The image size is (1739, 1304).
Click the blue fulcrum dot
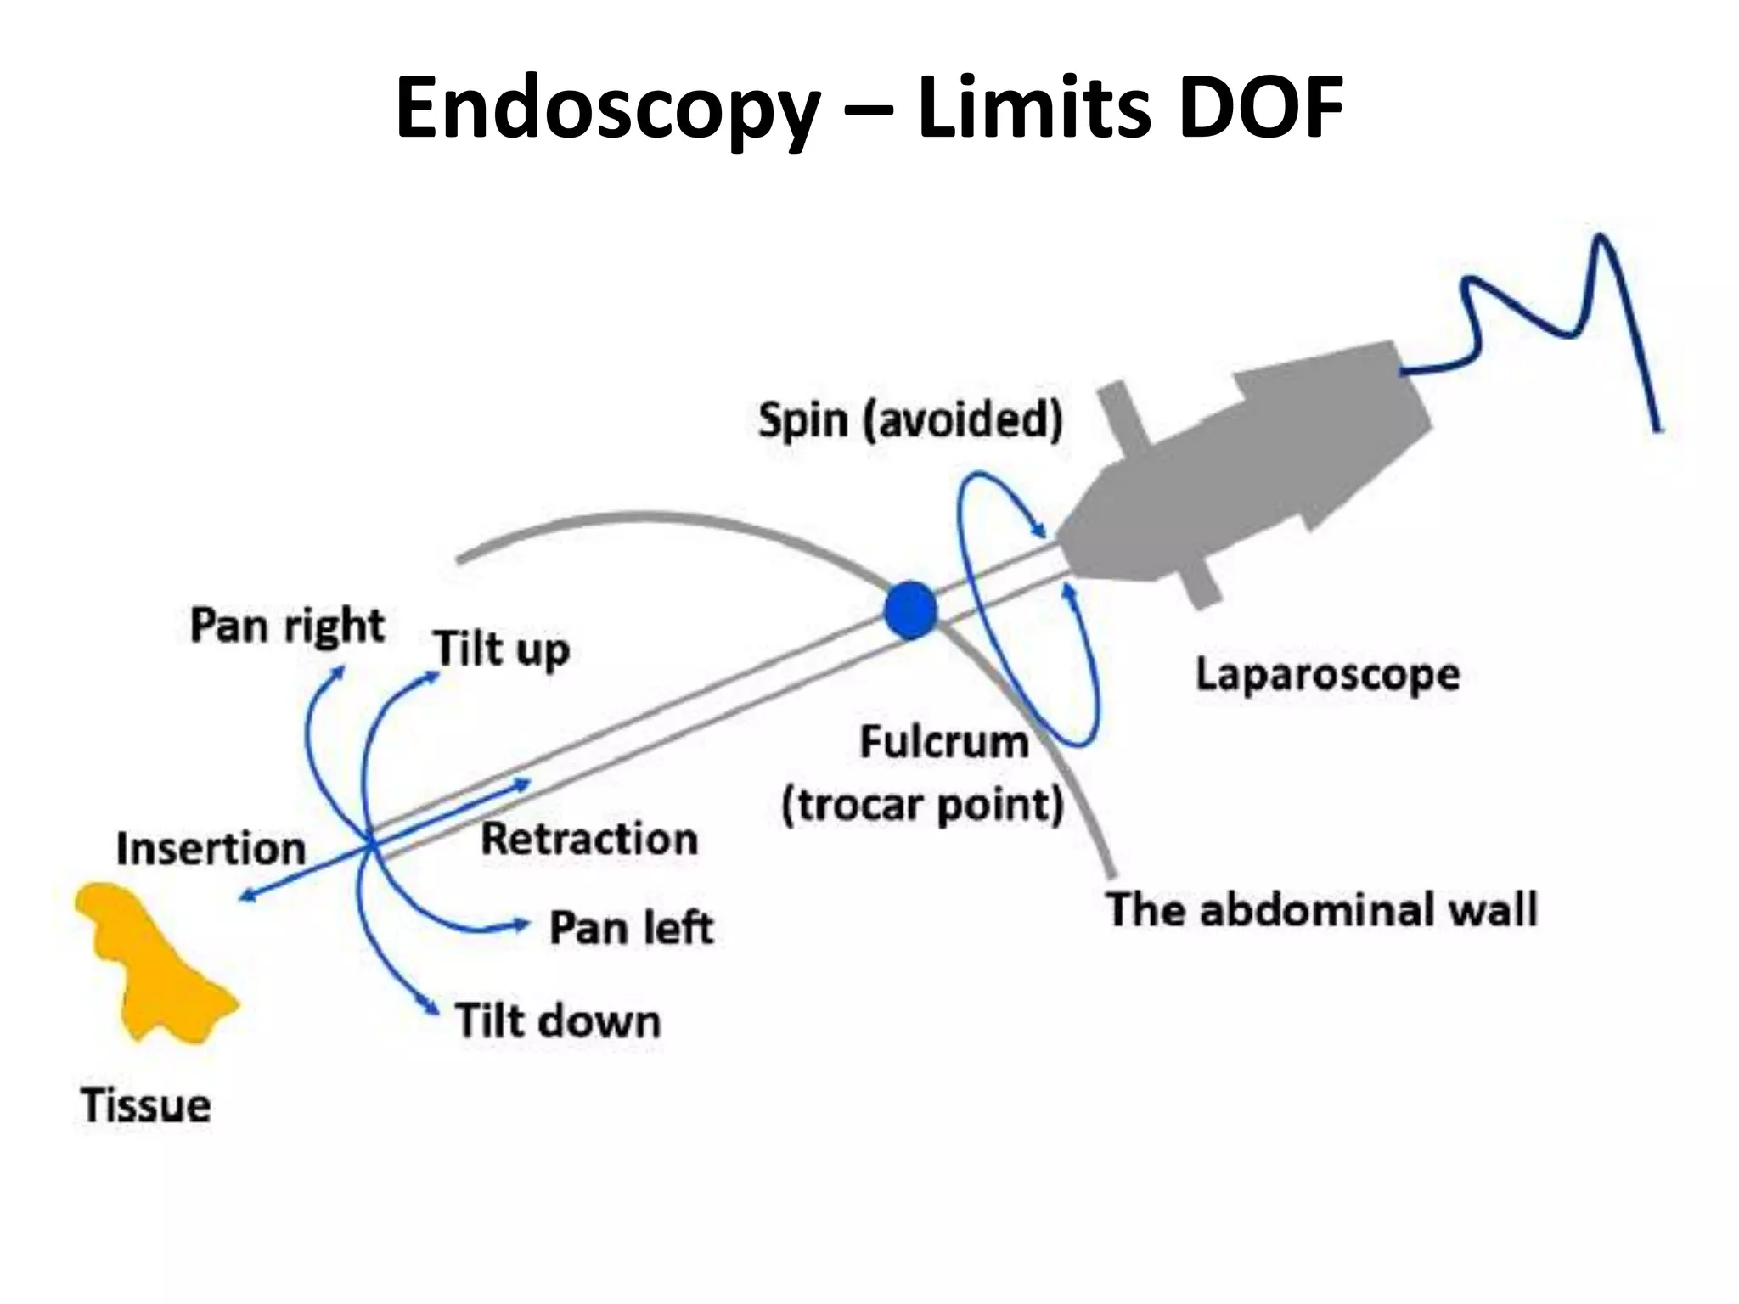pos(910,610)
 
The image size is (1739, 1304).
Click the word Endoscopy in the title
pos(608,109)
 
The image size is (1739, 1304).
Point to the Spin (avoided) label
pos(910,420)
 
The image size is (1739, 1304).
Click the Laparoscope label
pos(1327,676)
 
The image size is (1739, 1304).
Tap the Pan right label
pos(287,627)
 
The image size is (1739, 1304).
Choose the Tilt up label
pos(501,649)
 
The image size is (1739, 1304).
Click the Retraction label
pos(589,839)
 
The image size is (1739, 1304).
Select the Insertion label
pos(211,848)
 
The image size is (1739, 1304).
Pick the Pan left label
pos(631,927)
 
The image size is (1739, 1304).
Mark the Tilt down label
pos(557,1020)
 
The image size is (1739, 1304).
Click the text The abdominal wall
pos(1321,909)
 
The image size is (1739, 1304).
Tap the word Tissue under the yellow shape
pos(145,1106)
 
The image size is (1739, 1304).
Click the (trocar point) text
pos(922,804)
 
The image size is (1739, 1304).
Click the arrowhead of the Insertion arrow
pos(245,896)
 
